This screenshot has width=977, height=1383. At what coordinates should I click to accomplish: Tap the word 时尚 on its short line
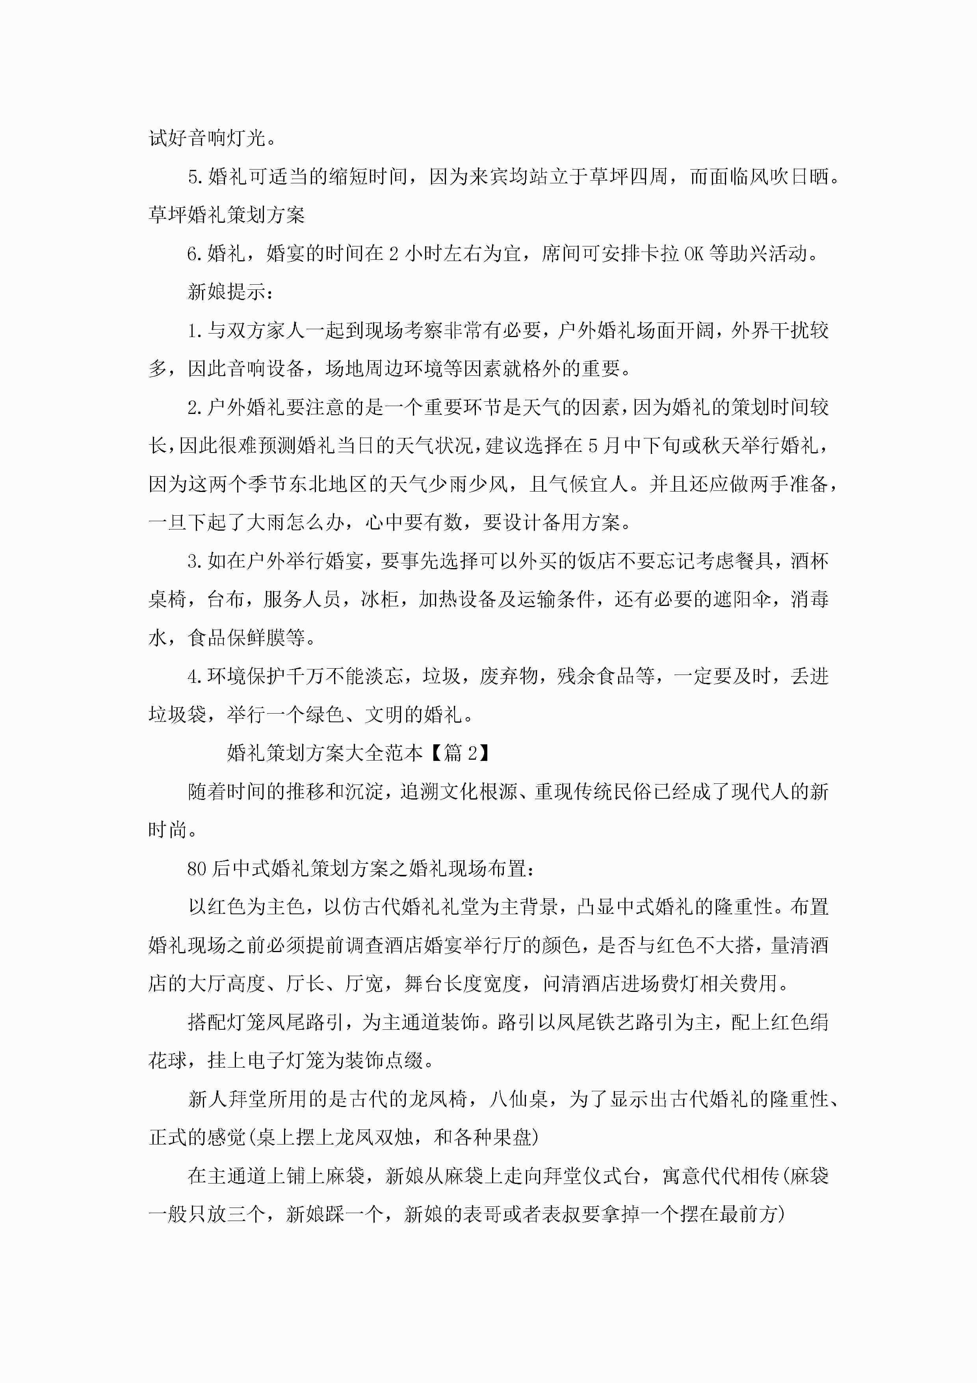(168, 830)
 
